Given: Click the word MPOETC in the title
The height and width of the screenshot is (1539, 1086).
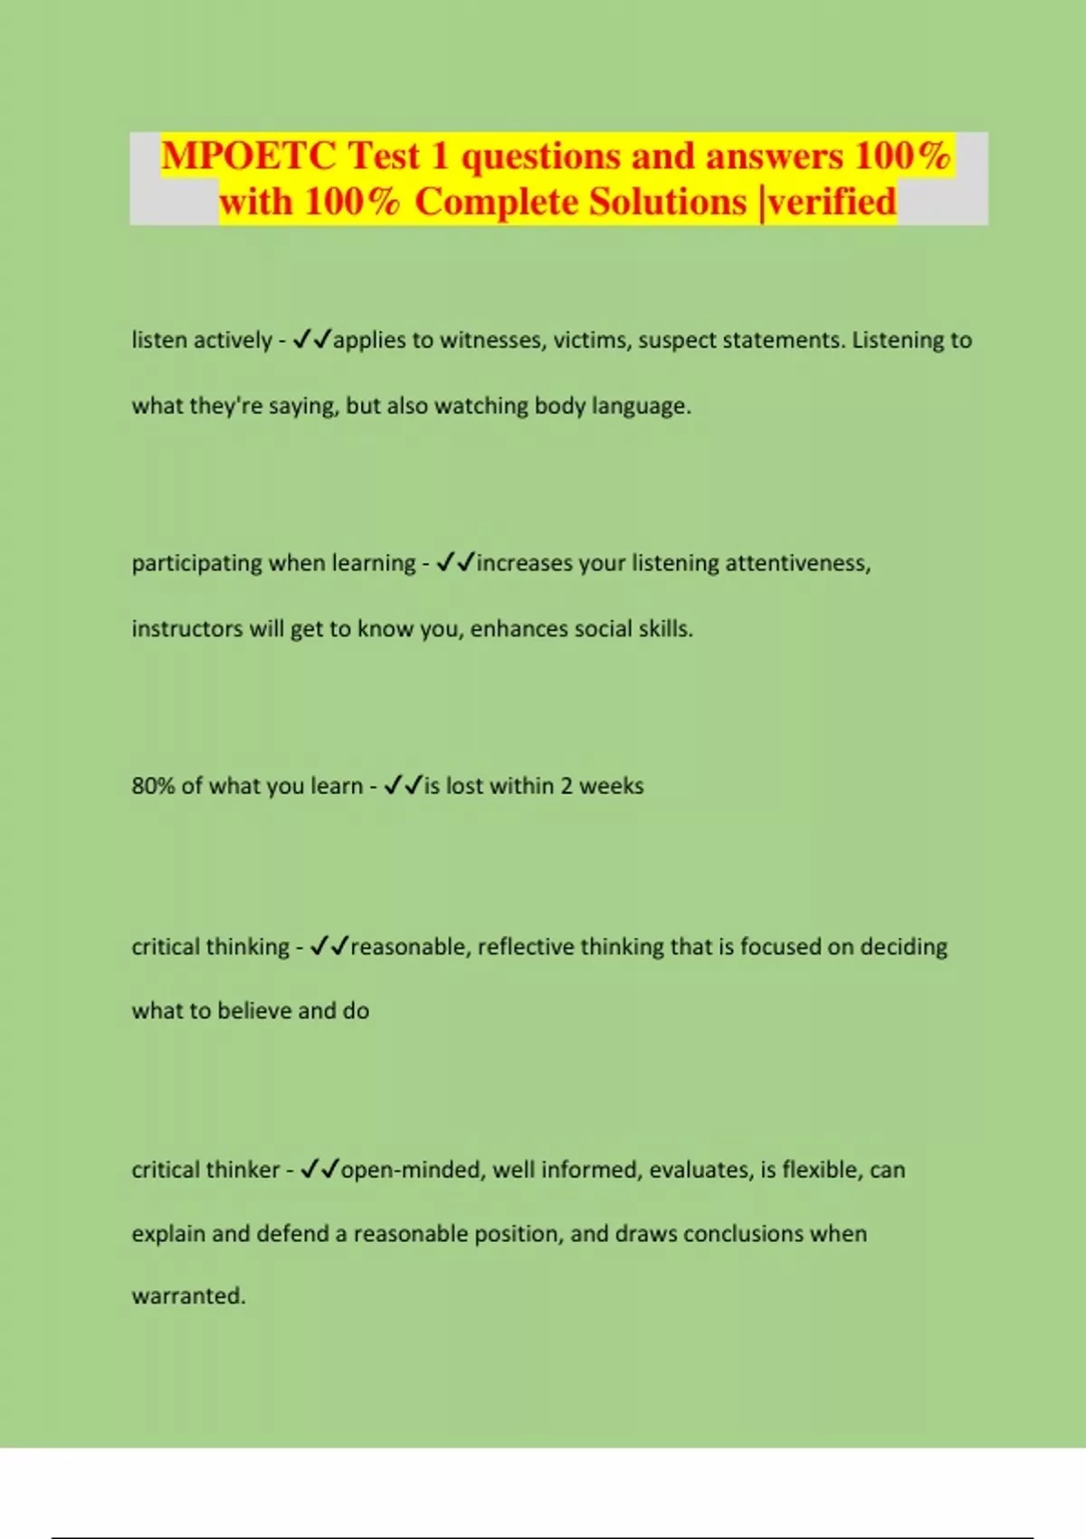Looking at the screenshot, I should pos(248,157).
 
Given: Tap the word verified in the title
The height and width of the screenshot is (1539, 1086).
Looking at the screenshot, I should pos(832,202).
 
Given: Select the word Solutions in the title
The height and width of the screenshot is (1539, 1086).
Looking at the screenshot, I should pos(668,202).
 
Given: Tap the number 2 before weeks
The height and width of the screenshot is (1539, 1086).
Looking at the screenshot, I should pos(566,786).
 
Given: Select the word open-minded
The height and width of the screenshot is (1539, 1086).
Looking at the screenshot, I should pos(414,1170).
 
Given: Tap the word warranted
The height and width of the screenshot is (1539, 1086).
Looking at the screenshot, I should pos(187,1296).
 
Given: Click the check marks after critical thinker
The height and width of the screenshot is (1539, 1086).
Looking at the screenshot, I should pos(319,1170).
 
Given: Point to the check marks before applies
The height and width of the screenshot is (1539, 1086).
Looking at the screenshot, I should pos(312,340).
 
